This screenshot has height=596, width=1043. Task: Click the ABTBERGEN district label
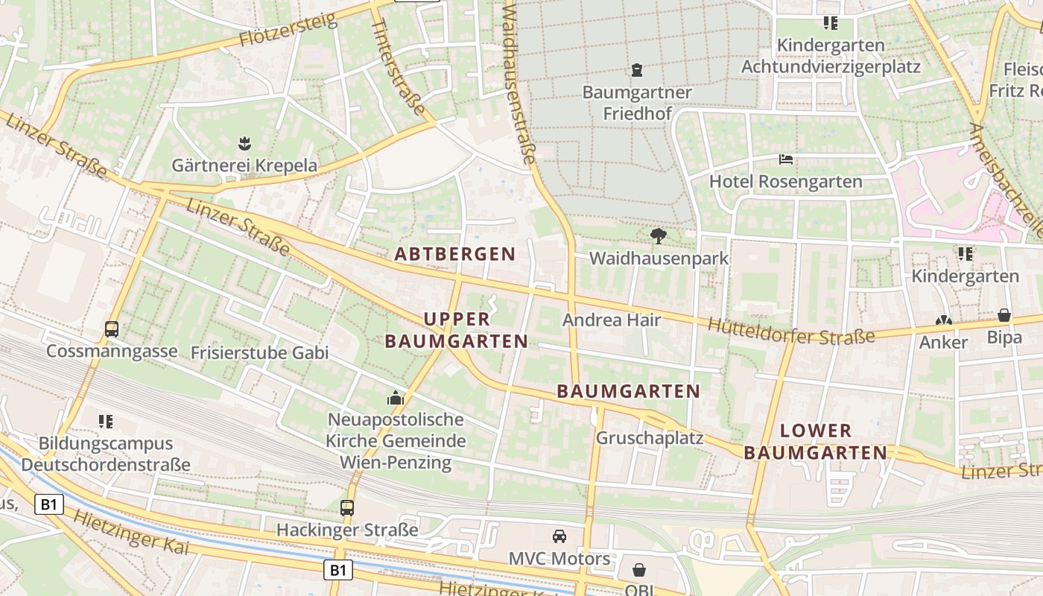point(455,254)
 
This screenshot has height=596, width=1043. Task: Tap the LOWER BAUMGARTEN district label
point(816,441)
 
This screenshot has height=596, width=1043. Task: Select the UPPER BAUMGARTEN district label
point(456,330)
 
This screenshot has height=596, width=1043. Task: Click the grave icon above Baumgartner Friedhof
point(637,70)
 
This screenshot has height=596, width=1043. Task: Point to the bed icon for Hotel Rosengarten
point(785,159)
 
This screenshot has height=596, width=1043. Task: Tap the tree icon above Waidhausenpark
point(658,236)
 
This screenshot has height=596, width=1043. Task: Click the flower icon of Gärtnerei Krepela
point(244,142)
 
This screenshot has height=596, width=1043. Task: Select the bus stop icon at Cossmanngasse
point(112,329)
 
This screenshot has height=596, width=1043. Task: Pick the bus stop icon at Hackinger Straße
point(347,508)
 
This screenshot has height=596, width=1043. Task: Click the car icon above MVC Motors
point(559,536)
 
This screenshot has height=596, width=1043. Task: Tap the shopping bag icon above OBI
point(639,570)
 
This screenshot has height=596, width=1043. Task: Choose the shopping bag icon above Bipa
point(1004,315)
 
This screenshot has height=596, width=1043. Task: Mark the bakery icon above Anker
point(943,320)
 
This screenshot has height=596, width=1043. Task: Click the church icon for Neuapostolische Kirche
point(396,398)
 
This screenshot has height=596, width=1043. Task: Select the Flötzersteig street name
point(288,31)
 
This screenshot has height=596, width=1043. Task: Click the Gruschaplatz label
point(649,438)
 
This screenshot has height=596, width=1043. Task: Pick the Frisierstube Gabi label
point(259,352)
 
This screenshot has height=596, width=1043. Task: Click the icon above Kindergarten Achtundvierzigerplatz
point(831,23)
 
